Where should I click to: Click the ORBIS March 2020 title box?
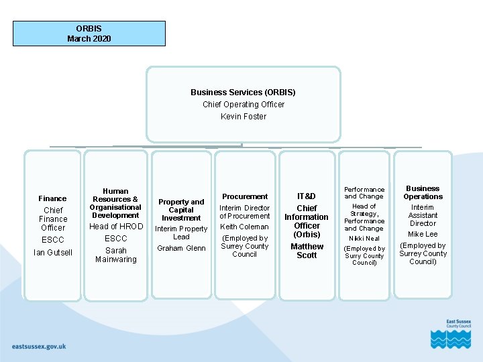[x=89, y=34]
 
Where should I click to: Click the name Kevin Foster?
[x=244, y=117]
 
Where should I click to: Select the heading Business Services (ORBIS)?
[x=243, y=93]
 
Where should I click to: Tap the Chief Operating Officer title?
[x=244, y=105]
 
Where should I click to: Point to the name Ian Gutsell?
[x=53, y=253]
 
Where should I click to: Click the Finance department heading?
[x=52, y=198]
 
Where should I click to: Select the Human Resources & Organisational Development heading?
[x=115, y=203]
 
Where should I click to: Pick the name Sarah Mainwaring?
[x=116, y=255]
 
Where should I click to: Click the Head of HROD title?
[x=116, y=227]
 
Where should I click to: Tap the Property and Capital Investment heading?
[x=181, y=210]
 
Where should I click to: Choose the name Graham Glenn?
[x=181, y=249]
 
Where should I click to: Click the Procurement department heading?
[x=245, y=196]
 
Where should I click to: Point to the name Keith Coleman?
[x=244, y=227]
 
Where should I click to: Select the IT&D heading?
[x=307, y=196]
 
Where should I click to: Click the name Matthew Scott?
[x=307, y=251]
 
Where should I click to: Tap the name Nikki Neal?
[x=364, y=239]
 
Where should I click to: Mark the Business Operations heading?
[x=423, y=192]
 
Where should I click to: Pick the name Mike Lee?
[x=423, y=235]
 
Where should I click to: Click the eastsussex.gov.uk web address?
[x=39, y=347]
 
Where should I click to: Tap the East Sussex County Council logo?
[x=450, y=333]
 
